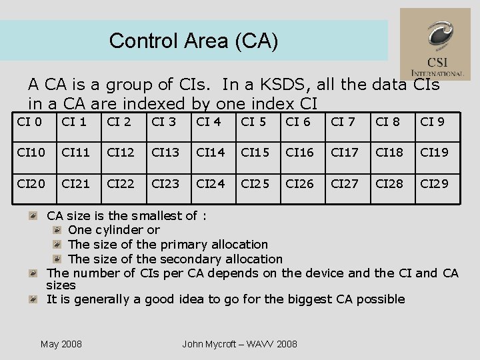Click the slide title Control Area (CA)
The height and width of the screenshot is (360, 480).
click(x=193, y=41)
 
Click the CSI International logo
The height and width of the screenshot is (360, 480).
click(x=435, y=44)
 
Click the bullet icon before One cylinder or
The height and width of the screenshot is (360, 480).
click(x=58, y=230)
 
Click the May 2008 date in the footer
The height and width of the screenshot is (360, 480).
click(x=61, y=344)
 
